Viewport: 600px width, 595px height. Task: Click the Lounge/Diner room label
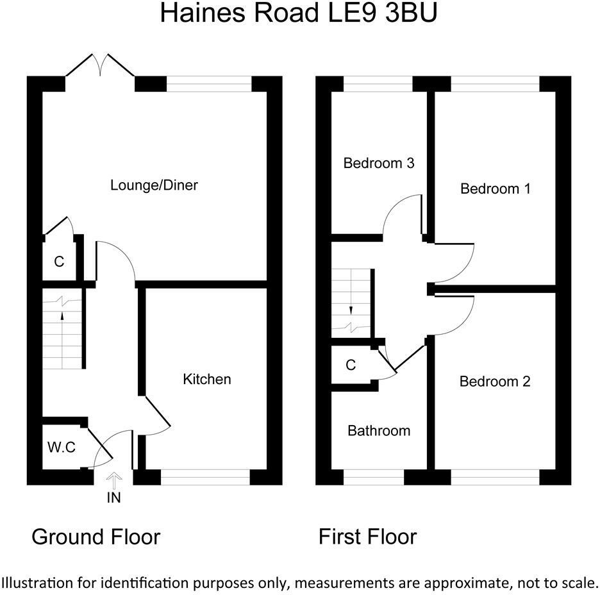click(x=154, y=185)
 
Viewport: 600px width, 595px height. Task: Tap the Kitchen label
click(x=207, y=379)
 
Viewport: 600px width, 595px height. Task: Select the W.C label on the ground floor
click(x=62, y=447)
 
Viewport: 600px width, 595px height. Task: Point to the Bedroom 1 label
click(x=495, y=189)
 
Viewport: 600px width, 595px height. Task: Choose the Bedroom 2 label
click(x=495, y=381)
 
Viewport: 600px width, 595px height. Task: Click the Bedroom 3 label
click(x=379, y=163)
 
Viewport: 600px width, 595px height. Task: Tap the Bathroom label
click(x=379, y=431)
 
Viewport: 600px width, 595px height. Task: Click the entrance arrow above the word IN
click(x=114, y=481)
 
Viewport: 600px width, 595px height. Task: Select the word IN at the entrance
click(x=114, y=498)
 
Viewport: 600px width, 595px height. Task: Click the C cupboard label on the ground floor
click(x=59, y=262)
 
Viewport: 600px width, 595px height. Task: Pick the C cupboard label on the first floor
click(x=351, y=365)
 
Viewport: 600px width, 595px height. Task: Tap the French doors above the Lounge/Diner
click(x=100, y=65)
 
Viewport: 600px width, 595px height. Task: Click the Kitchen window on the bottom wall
click(x=206, y=477)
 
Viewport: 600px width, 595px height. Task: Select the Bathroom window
click(x=374, y=477)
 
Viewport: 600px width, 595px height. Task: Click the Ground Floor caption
click(x=96, y=537)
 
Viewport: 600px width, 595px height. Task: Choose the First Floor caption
click(x=367, y=537)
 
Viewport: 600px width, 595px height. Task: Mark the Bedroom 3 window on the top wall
click(x=378, y=84)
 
